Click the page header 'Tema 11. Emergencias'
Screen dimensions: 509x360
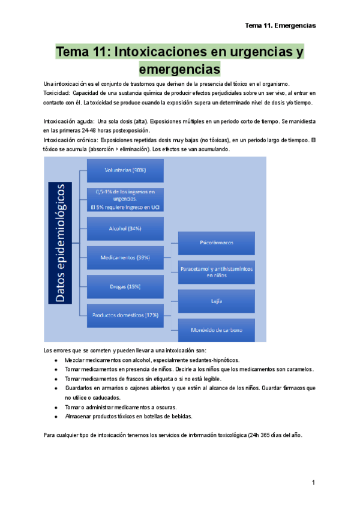(280, 26)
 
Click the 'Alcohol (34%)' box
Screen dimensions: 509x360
(125, 228)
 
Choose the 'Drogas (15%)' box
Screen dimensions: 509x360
(125, 286)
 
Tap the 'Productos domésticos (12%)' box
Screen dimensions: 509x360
(125, 315)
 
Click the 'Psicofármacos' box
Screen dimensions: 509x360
(217, 242)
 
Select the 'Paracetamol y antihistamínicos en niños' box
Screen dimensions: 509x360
(217, 272)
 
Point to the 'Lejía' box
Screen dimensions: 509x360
(217, 301)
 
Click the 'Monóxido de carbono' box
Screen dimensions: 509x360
(217, 330)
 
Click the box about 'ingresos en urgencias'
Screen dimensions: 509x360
(125, 199)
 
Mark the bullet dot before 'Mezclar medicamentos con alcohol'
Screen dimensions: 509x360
(56, 360)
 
